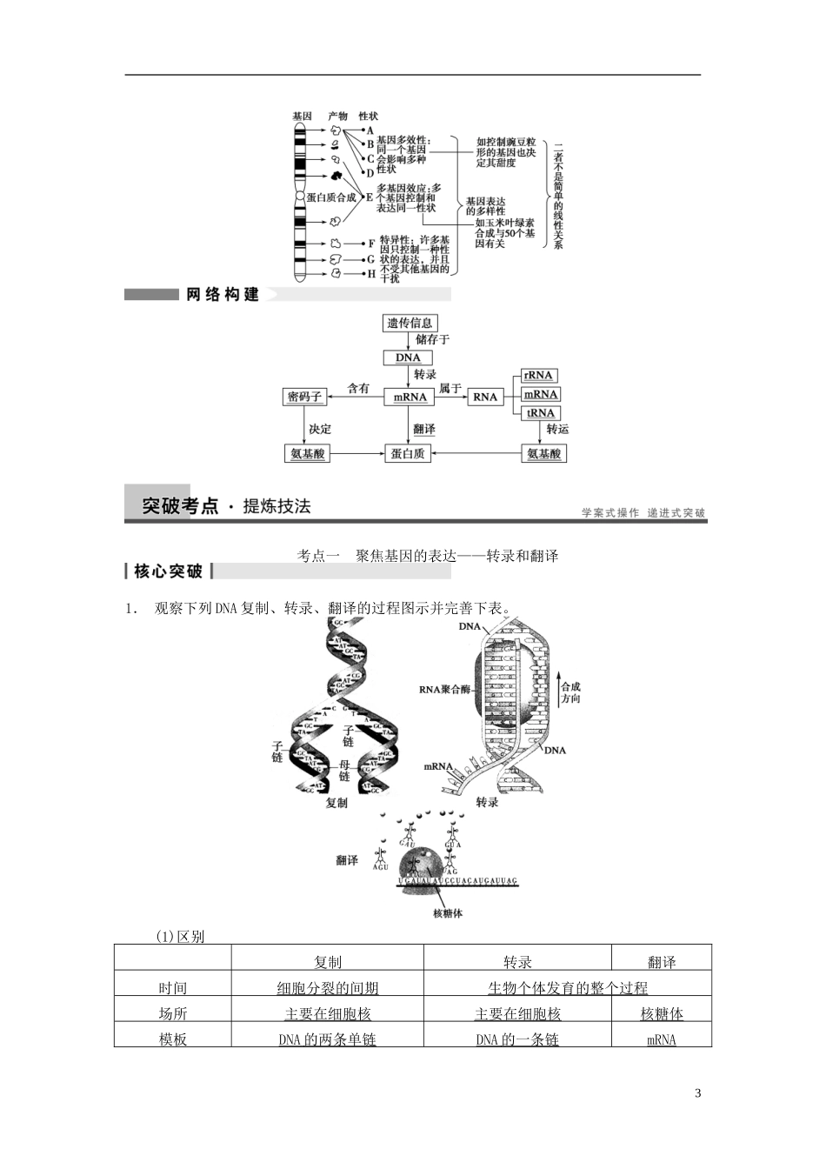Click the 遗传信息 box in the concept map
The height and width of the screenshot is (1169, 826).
pos(410,323)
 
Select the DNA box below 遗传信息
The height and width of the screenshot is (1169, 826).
pos(408,357)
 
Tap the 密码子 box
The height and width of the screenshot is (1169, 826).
pos(304,397)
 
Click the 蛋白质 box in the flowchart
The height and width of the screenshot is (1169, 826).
pos(408,453)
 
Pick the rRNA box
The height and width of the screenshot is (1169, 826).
pos(539,375)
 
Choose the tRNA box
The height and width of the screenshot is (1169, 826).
pos(540,413)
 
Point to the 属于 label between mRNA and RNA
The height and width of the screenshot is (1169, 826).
pos(450,388)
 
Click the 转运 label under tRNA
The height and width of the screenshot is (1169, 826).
pos(557,429)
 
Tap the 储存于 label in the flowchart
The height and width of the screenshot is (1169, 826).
pos(432,339)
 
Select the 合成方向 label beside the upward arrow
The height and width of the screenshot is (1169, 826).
pos(570,692)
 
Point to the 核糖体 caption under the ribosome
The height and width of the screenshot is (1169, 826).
pos(448,912)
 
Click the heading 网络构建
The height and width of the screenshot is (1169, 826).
pos(223,295)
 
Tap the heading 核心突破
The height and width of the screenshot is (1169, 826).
pos(169,571)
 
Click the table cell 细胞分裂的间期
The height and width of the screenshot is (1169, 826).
pos(328,988)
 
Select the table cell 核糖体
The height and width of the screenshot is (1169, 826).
pos(662,1013)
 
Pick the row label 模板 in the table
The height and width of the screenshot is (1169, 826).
pos(172,1039)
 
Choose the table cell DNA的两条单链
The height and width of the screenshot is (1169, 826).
pos(328,1039)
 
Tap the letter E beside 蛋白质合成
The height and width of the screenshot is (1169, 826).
pos(370,197)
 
